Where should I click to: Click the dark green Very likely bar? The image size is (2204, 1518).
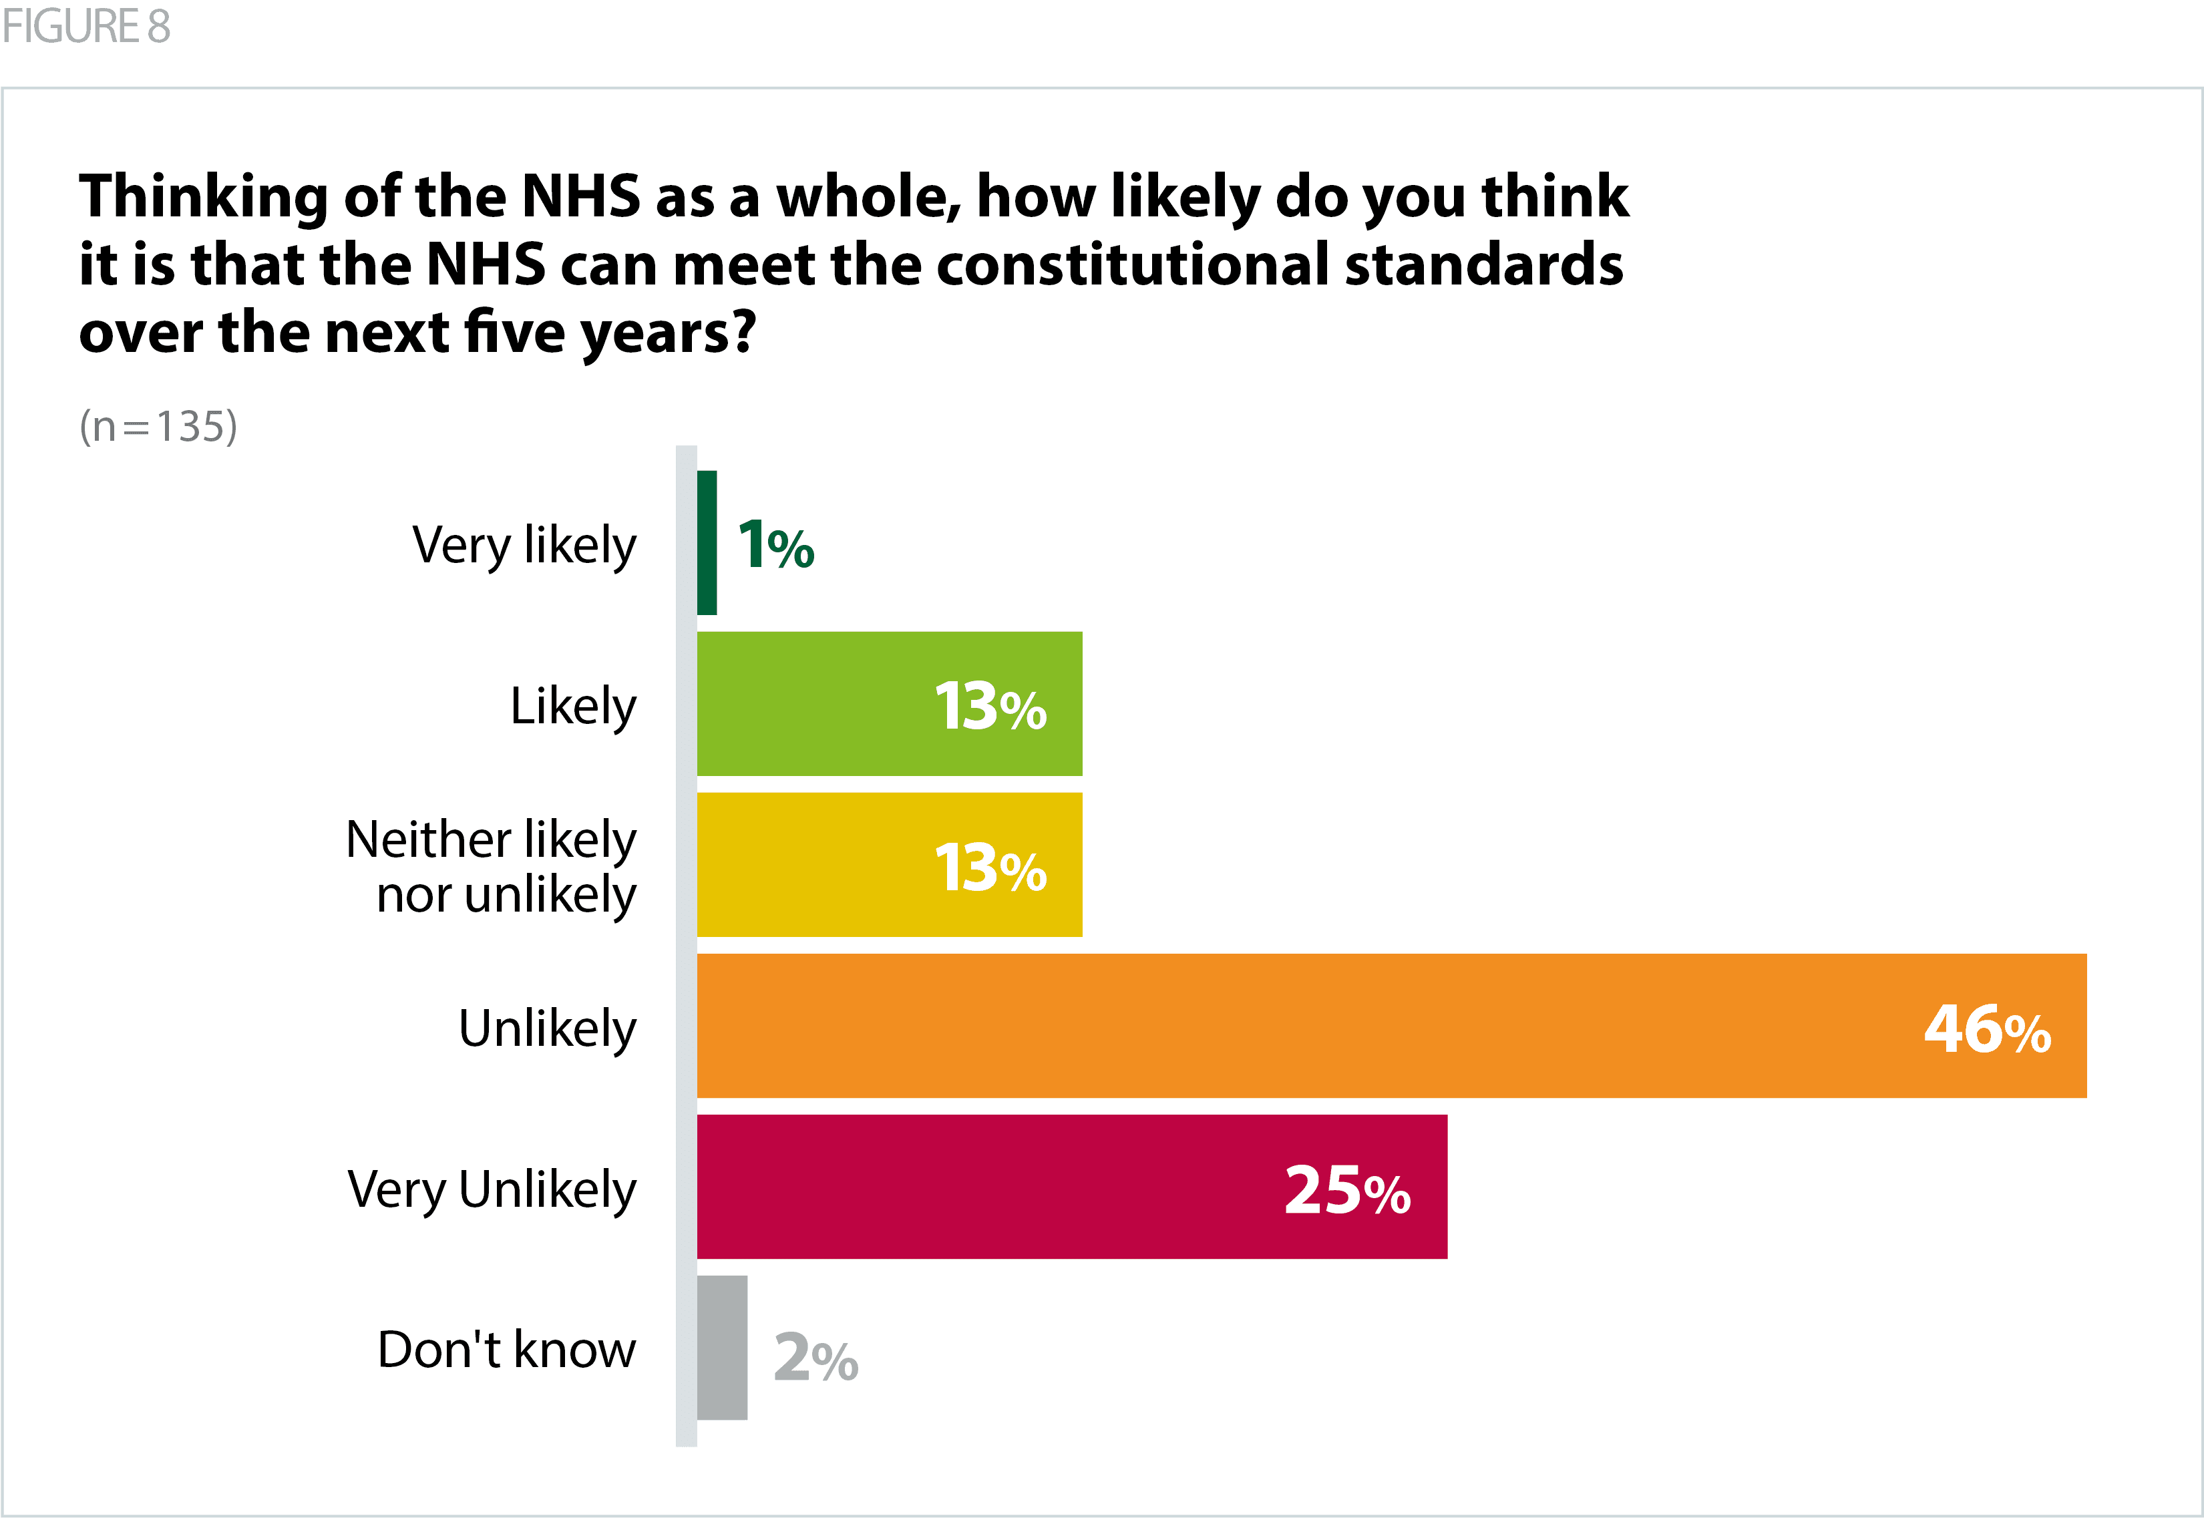point(707,542)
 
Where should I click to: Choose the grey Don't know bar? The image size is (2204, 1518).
point(722,1348)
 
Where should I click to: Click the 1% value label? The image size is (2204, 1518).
point(775,546)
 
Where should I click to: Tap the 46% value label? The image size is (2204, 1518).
point(1986,1029)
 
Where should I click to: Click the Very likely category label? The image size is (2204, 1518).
point(524,546)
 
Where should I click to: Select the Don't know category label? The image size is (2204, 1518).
point(506,1350)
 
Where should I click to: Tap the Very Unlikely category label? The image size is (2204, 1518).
point(492,1190)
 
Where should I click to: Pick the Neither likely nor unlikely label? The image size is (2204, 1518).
point(492,866)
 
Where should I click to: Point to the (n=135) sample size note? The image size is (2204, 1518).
point(158,426)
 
